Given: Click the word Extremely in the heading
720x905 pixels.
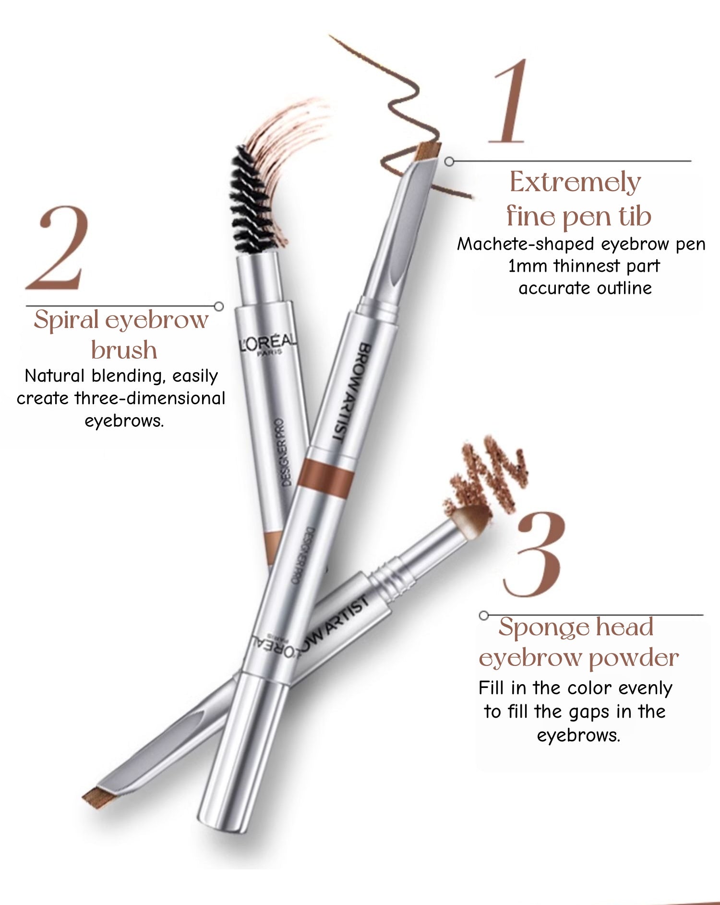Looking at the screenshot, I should (575, 182).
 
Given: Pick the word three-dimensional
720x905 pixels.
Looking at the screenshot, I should (150, 398).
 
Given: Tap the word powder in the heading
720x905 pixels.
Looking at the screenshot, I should (634, 658).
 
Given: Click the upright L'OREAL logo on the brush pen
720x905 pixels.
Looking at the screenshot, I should (269, 343).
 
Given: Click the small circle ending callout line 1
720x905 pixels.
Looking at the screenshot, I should (449, 162).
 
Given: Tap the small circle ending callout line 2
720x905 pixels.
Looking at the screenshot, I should (219, 306).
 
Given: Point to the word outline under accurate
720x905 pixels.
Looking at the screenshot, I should (624, 288).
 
